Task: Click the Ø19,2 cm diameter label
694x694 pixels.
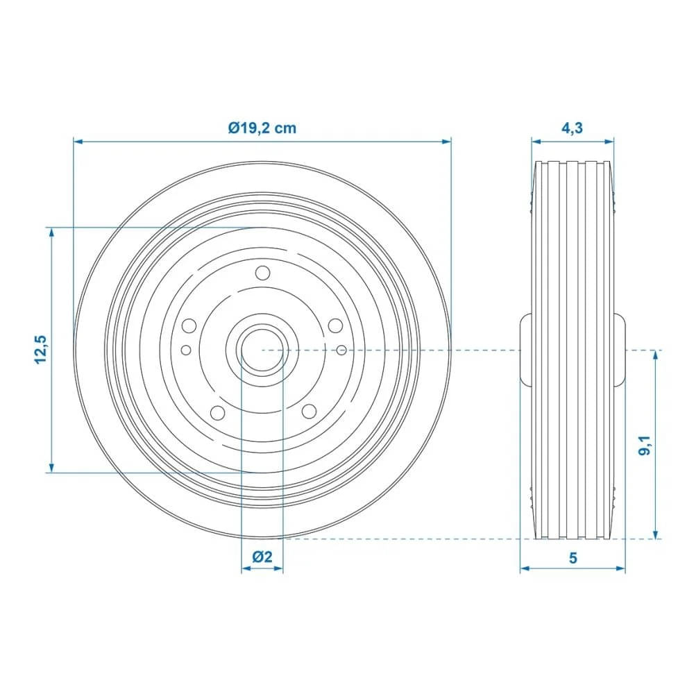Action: tap(262, 128)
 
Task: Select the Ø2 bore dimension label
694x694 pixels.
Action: tap(262, 557)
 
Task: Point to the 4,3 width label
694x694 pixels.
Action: tap(572, 128)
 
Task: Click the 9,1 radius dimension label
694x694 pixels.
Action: tap(645, 445)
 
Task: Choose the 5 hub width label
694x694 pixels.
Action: tap(573, 557)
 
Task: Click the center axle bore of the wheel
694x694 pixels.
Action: tap(262, 350)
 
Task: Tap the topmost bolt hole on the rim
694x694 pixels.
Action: tap(262, 273)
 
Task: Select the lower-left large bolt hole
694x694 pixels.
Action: tap(217, 413)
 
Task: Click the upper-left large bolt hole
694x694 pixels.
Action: tap(188, 326)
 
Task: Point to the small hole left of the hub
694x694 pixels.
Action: tap(185, 349)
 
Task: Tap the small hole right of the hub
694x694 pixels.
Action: tap(341, 349)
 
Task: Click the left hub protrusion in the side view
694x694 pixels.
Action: tap(525, 350)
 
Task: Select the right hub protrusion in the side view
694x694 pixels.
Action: tap(619, 350)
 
